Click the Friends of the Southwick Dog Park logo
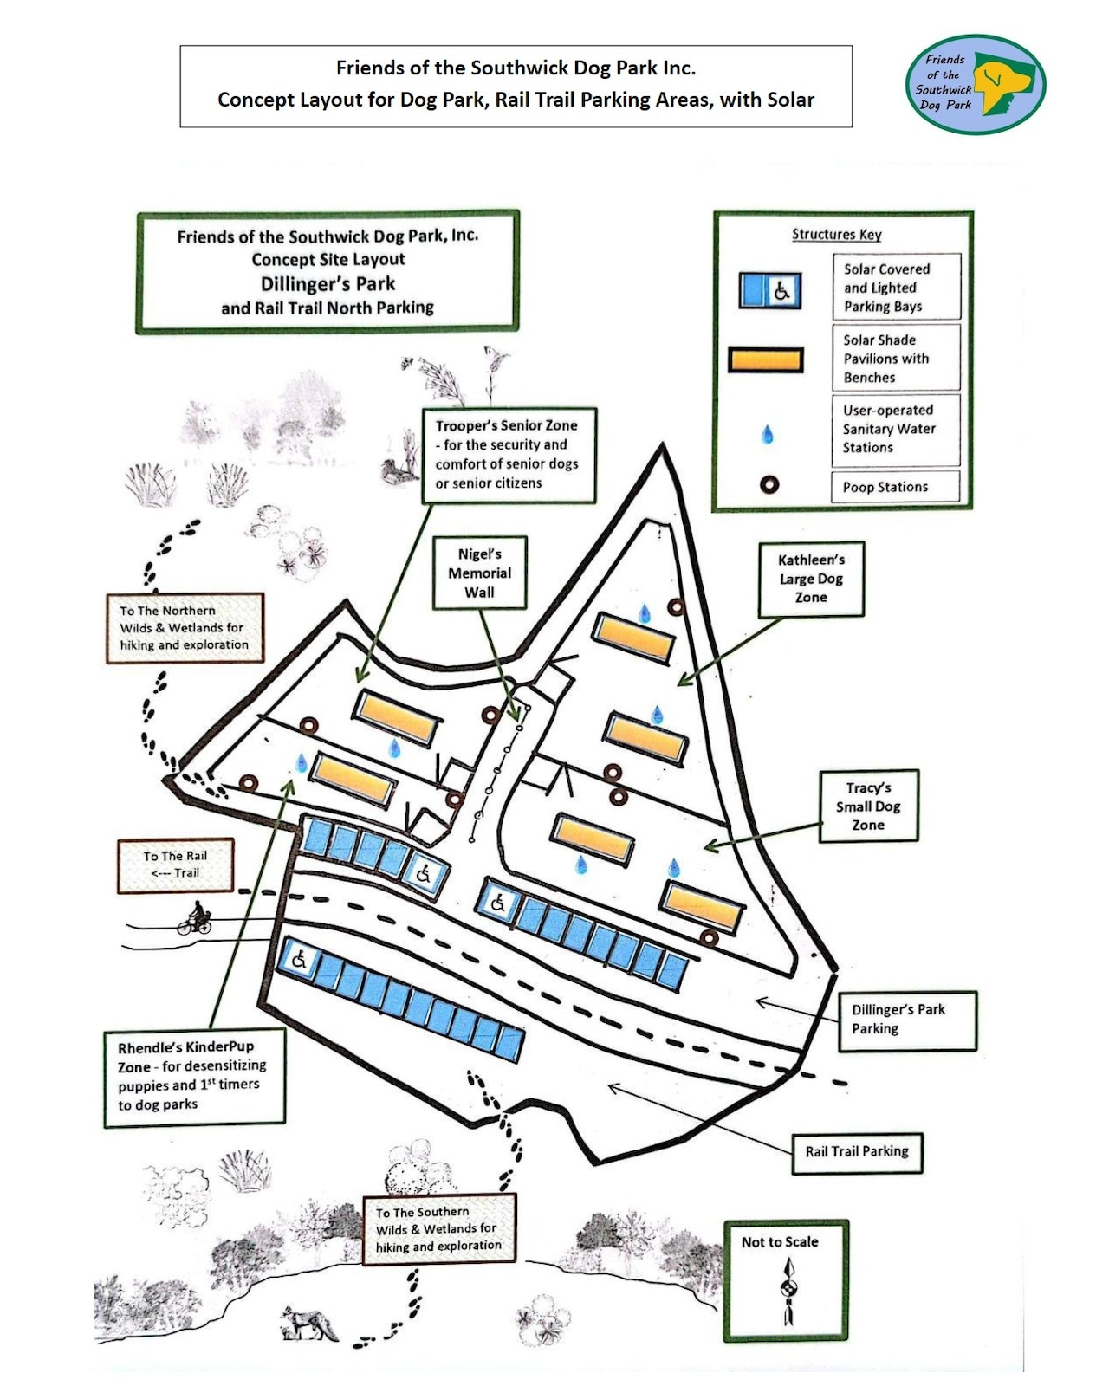pos(976,84)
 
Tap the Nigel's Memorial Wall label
pos(479,573)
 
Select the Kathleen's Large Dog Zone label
pos(811,579)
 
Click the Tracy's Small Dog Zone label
pos(868,806)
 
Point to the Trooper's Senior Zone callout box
pos(509,455)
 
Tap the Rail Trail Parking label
pos(857,1151)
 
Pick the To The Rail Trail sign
pos(176,864)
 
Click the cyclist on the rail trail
pos(195,918)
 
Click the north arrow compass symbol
pos(788,1291)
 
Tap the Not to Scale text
pos(780,1241)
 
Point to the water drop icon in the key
pos(767,435)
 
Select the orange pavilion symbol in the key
pos(766,359)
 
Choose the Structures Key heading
pos(836,235)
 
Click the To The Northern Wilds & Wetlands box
pos(185,628)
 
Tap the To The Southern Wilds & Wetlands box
pos(439,1228)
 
